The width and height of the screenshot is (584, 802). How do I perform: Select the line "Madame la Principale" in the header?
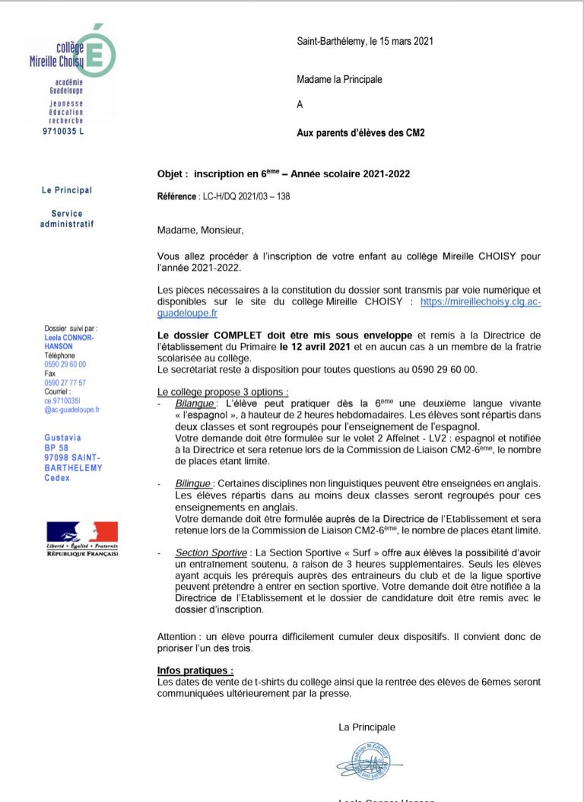pos(339,79)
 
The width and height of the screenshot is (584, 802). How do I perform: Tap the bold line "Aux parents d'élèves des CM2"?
pos(360,132)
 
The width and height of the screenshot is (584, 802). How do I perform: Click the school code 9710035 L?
pos(63,132)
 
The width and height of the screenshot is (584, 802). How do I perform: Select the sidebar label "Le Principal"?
pos(67,190)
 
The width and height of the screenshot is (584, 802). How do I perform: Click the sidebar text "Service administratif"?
pos(67,219)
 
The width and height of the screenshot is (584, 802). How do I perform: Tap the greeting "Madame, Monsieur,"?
pos(202,230)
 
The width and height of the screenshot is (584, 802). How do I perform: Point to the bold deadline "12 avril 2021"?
pos(315,347)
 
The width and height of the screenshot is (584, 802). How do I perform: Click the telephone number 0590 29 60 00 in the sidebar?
pos(65,364)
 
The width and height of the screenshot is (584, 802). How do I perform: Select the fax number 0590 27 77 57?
pos(65,383)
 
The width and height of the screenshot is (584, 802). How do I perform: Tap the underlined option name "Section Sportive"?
pos(211,552)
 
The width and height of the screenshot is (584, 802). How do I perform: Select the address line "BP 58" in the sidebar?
pos(56,448)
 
